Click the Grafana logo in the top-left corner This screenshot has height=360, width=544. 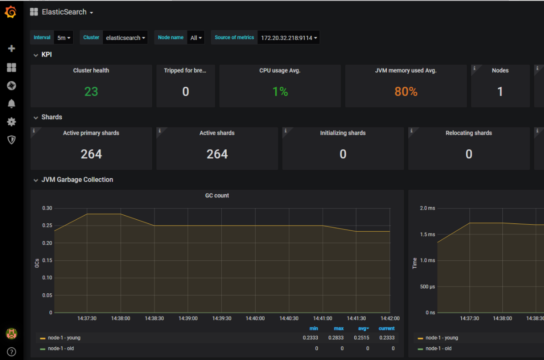coord(11,12)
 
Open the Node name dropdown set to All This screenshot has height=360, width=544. coord(196,38)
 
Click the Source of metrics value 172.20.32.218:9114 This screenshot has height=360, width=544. coord(288,38)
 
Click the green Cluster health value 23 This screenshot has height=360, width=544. coord(91,92)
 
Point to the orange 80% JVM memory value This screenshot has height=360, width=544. coord(406,92)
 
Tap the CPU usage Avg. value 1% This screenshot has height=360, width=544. coord(280,92)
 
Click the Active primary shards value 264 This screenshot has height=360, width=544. coord(91,154)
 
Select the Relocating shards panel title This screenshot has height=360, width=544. coord(469,133)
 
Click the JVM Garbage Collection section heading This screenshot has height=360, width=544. coord(77,180)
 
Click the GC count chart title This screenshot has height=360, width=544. coord(217,196)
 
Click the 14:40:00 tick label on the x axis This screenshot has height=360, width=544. coord(255,318)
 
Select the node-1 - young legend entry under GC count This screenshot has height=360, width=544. coord(64,338)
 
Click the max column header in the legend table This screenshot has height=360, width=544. coord(339,328)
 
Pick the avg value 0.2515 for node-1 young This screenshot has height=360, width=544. coord(364,338)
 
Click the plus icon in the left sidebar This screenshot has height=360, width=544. coord(11,48)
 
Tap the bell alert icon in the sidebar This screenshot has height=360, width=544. coord(11,104)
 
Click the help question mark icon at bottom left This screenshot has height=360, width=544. coord(11,352)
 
